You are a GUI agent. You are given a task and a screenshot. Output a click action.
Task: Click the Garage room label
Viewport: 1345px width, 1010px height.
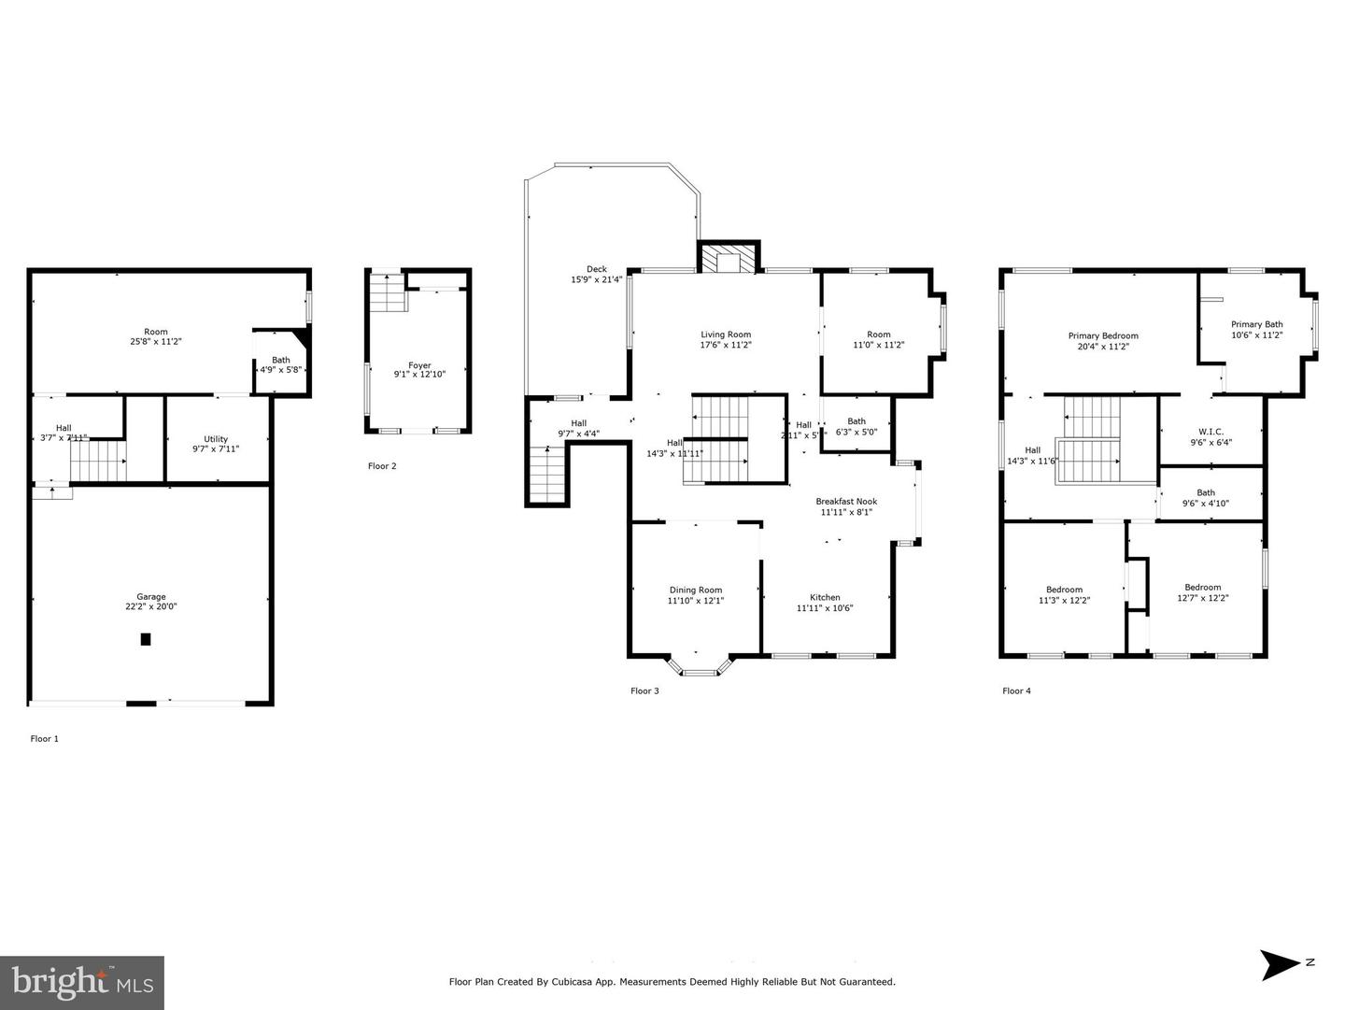coord(151,597)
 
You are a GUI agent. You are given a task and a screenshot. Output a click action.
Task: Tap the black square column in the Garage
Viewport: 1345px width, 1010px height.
coord(146,639)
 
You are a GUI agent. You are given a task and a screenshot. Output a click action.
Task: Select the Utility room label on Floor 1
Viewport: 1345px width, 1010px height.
coord(216,439)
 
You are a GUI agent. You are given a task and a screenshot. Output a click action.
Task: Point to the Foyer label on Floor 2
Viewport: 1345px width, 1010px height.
coord(419,365)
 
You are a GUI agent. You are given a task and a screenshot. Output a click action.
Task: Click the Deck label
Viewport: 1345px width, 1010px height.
coord(597,269)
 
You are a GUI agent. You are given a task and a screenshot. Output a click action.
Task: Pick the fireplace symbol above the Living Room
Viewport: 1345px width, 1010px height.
coord(729,259)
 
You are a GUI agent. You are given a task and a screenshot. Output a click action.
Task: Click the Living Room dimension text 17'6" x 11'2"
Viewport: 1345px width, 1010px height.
coord(726,345)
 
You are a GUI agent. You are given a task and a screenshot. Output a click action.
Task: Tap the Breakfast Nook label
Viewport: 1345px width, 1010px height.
coord(846,502)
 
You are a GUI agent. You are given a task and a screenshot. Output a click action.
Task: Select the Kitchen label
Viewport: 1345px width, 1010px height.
coord(825,597)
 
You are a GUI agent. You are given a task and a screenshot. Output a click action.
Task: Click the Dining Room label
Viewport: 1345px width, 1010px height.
coord(696,590)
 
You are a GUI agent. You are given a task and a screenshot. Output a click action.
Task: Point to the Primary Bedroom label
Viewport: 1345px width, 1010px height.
coord(1103,335)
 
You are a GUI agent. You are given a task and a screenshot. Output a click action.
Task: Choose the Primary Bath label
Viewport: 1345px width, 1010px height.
coord(1256,324)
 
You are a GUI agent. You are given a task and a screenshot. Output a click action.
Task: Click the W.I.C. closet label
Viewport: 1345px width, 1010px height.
coord(1211,432)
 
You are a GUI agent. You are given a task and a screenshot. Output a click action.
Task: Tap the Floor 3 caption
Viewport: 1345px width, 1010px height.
coord(644,691)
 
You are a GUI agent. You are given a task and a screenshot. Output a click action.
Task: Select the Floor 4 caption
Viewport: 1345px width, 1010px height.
coord(1016,691)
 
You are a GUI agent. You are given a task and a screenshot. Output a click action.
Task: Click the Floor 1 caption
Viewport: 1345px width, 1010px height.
coord(45,739)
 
